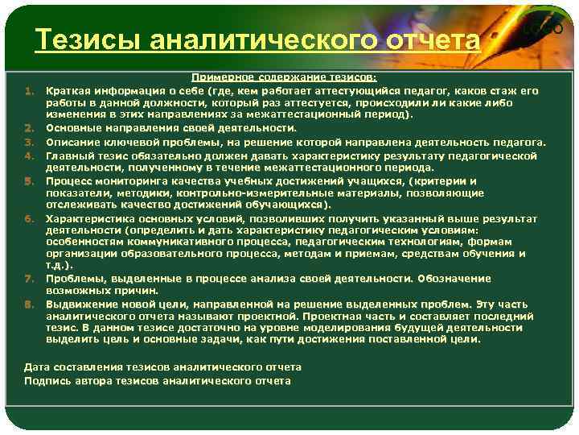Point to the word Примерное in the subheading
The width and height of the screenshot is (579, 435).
[x=218, y=78]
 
